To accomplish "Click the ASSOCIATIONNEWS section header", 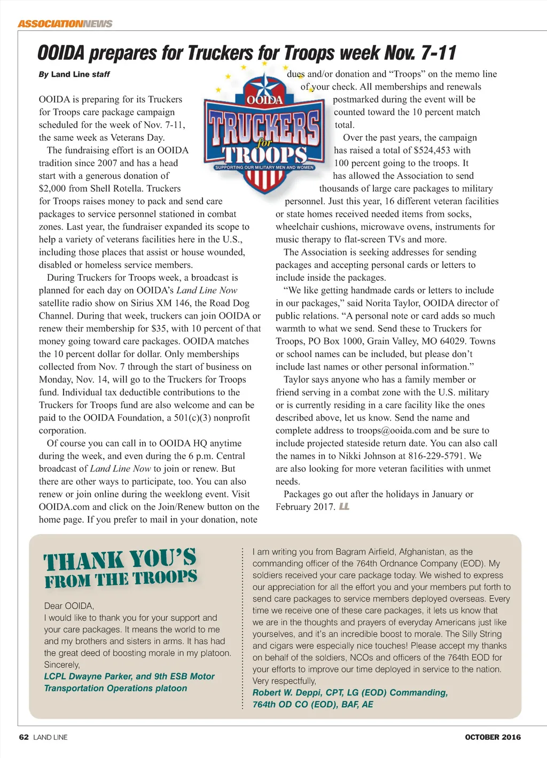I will click(x=65, y=23).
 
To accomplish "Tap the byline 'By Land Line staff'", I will click(x=74, y=74).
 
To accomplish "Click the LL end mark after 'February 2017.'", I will click(x=344, y=507).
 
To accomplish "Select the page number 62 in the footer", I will click(x=24, y=737).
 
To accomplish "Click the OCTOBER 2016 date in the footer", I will click(x=493, y=737).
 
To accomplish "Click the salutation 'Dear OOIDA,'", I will click(x=69, y=606).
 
